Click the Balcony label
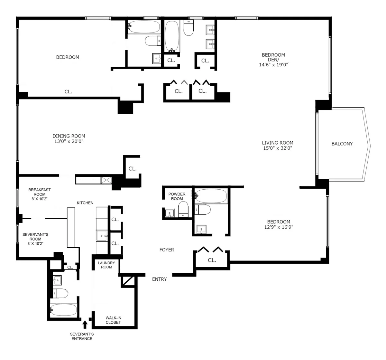click(342, 144)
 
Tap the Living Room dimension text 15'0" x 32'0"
click(277, 148)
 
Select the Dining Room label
click(69, 136)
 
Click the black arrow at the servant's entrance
click(85, 324)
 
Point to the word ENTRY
click(159, 279)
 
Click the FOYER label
click(167, 250)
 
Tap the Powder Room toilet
click(183, 209)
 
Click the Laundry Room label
click(106, 265)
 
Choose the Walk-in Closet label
click(113, 320)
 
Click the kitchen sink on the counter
click(102, 236)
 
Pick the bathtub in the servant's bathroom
click(64, 310)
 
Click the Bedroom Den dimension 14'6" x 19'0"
click(273, 65)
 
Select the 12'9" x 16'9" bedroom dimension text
click(279, 227)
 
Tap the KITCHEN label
click(85, 203)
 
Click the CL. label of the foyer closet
click(212, 260)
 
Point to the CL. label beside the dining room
click(132, 169)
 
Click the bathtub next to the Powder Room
click(211, 195)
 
